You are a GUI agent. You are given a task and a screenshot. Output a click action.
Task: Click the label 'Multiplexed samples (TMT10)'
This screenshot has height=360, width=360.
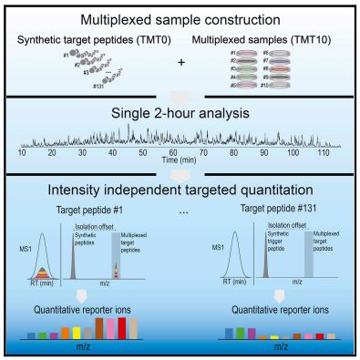(x=267, y=41)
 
